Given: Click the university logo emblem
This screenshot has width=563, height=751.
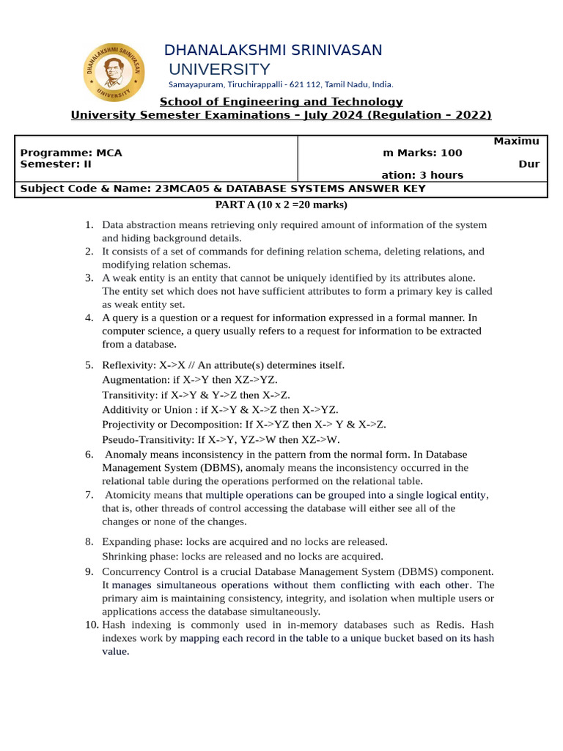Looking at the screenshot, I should tap(114, 72).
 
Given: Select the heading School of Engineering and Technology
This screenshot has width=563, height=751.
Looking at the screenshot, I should tap(281, 102).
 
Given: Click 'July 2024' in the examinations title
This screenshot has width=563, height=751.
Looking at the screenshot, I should tap(328, 115).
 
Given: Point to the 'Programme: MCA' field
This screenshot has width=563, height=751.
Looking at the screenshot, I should tap(71, 153).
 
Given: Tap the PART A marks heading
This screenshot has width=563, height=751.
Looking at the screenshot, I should tap(281, 205).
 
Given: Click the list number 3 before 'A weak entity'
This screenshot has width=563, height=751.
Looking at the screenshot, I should tap(89, 278).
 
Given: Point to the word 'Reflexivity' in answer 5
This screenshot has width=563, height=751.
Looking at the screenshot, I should tap(128, 365).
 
